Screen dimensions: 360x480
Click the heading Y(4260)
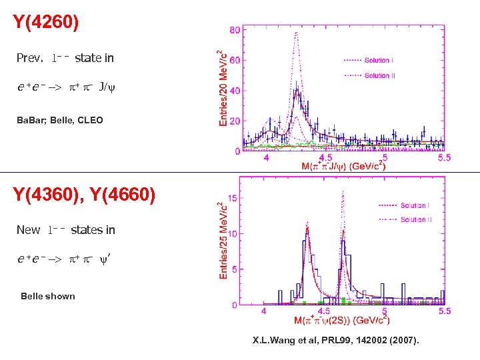pos(46,23)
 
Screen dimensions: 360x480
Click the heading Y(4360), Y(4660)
pos(84,195)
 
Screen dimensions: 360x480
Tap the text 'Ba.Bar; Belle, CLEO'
pos(60,121)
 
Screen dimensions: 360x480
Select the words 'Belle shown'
pos(48,296)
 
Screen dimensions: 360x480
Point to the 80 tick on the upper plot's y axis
pos(235,30)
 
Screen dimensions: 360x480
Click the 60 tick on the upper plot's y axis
pos(235,61)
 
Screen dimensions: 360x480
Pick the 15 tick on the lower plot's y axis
pos(233,198)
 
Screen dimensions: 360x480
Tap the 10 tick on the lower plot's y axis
pos(233,234)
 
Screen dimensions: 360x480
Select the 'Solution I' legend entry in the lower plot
pos(414,205)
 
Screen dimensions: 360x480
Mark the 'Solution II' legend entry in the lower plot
pos(415,219)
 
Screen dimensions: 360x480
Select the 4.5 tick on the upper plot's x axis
pos(326,157)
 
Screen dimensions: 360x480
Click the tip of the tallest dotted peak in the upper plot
pos(296,32)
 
